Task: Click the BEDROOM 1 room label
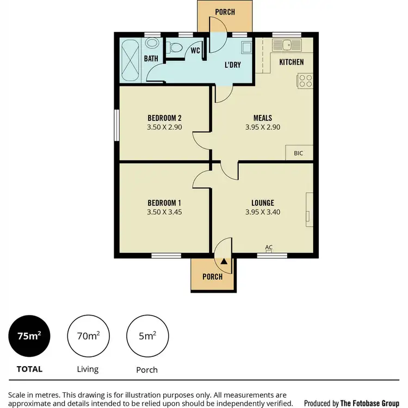click(x=164, y=202)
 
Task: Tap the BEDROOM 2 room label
click(x=164, y=118)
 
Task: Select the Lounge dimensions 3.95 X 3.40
click(x=262, y=213)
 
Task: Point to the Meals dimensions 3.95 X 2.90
click(x=262, y=127)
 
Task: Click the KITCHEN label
click(x=291, y=62)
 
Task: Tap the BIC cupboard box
click(x=299, y=153)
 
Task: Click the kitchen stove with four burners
click(x=305, y=81)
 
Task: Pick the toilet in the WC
click(x=174, y=49)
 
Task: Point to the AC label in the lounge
click(x=269, y=248)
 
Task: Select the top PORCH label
click(x=225, y=12)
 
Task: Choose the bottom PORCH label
click(x=212, y=277)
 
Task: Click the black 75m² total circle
click(x=29, y=337)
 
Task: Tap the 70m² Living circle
click(x=88, y=337)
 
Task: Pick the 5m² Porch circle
click(x=147, y=337)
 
